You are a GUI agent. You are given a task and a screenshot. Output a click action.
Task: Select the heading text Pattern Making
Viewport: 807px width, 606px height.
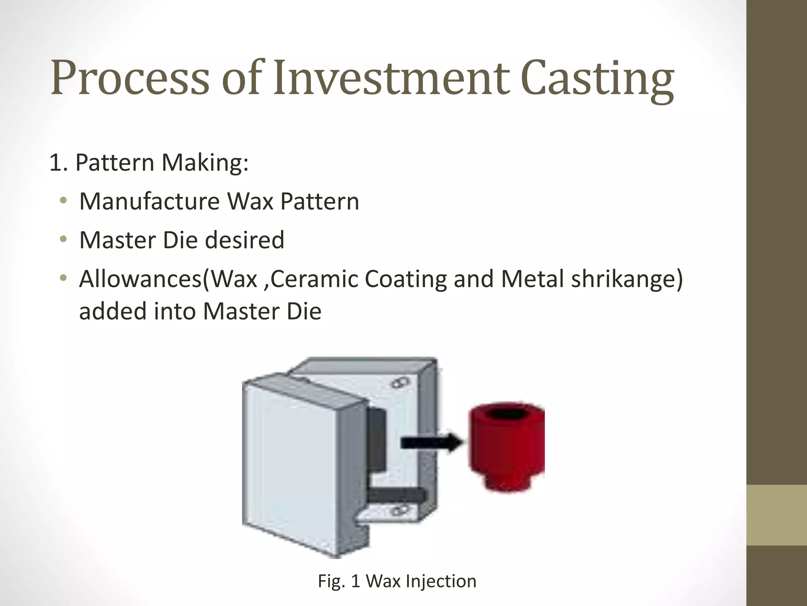click(x=162, y=163)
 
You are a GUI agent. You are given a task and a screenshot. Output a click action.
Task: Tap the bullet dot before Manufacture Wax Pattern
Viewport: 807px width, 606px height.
click(x=63, y=202)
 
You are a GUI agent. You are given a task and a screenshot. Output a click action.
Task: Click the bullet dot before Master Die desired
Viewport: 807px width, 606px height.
click(x=63, y=240)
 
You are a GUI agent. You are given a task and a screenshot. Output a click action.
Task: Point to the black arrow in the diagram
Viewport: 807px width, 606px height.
click(x=431, y=442)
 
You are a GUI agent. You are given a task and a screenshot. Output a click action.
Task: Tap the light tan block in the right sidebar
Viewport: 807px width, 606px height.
click(x=777, y=515)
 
